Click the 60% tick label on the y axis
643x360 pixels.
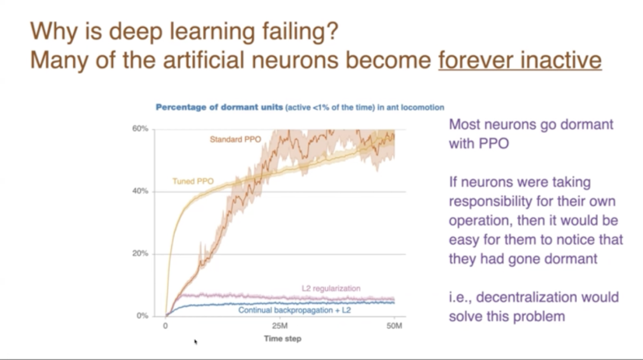pos(140,129)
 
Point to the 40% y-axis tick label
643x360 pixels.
pos(140,192)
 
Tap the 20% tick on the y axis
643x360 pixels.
pos(140,254)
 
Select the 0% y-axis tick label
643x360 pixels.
pos(142,316)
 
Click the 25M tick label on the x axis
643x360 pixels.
pos(280,326)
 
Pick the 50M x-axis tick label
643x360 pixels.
pos(394,326)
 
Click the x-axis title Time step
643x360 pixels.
pos(283,339)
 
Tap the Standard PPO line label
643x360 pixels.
pos(235,139)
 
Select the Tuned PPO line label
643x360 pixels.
pos(193,181)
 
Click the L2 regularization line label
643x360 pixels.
pos(331,288)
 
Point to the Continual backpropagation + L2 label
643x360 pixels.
pos(295,310)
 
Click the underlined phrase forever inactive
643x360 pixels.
pos(520,60)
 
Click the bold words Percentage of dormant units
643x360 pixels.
pos(219,107)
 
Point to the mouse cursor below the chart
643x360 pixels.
pos(196,342)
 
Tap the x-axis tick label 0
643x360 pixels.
pos(166,326)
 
